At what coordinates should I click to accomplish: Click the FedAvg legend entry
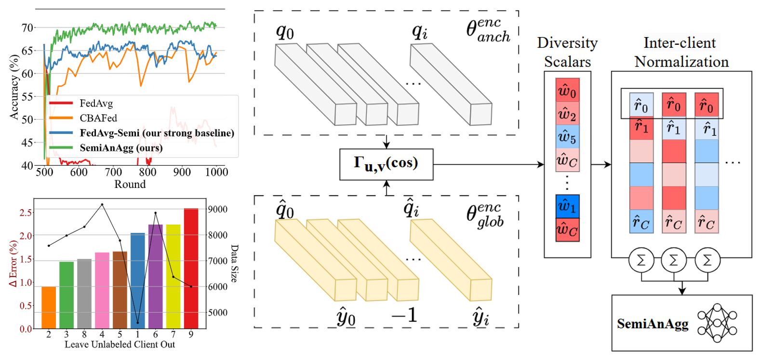click(x=96, y=103)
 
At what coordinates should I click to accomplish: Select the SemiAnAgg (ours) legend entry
click(x=121, y=148)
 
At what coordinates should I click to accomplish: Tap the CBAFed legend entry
click(x=98, y=118)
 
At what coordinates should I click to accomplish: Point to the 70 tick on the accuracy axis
click(x=27, y=28)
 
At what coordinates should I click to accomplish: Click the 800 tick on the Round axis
click(x=147, y=172)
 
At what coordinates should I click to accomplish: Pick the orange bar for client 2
click(x=49, y=307)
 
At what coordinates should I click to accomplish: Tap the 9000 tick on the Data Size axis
click(x=217, y=210)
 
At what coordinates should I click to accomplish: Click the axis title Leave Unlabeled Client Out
click(x=120, y=345)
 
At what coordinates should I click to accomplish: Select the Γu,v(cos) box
click(x=386, y=164)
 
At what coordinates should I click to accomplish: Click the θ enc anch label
click(x=488, y=30)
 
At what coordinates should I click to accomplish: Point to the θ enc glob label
click(x=485, y=214)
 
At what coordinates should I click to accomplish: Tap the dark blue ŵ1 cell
click(x=567, y=206)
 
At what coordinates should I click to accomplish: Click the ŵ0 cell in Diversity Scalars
click(x=567, y=90)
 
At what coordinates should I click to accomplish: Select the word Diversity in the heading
click(x=567, y=43)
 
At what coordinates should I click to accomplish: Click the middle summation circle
click(x=673, y=260)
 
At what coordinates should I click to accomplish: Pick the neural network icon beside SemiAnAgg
click(x=717, y=323)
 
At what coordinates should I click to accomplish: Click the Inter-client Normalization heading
click(x=681, y=52)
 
